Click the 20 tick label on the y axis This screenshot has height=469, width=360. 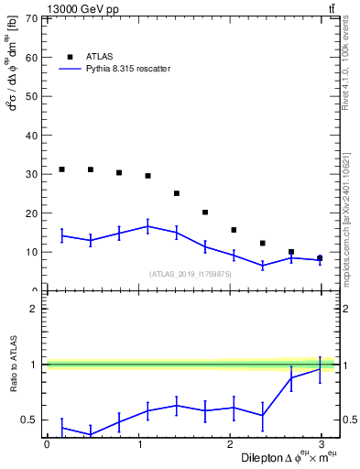click(31, 213)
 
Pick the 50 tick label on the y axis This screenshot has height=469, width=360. click(31, 96)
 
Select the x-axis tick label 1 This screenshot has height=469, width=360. click(138, 444)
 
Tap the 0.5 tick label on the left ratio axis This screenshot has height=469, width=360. click(27, 420)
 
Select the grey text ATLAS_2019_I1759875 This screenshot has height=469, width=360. click(191, 274)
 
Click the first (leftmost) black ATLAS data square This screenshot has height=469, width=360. click(61, 169)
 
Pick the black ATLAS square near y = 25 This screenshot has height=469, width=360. click(177, 193)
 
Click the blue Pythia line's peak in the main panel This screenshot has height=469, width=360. click(147, 225)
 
